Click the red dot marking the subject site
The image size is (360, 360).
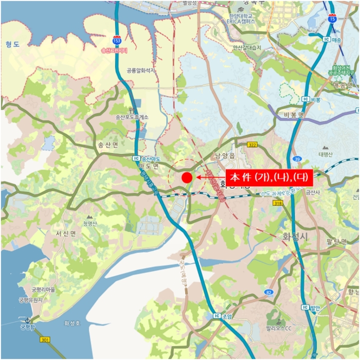pos(187,178)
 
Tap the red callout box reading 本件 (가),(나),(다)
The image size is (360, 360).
pos(267,177)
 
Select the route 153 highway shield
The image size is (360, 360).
pos(118,40)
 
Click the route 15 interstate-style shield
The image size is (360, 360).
pos(333,19)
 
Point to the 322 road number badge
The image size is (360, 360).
pos(252,145)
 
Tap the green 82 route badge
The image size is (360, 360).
pos(268,292)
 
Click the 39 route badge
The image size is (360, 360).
pos(297,159)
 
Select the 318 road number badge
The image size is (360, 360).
pos(278,204)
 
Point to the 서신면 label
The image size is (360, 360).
pos(66,233)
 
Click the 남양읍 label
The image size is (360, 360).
pos(225,155)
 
